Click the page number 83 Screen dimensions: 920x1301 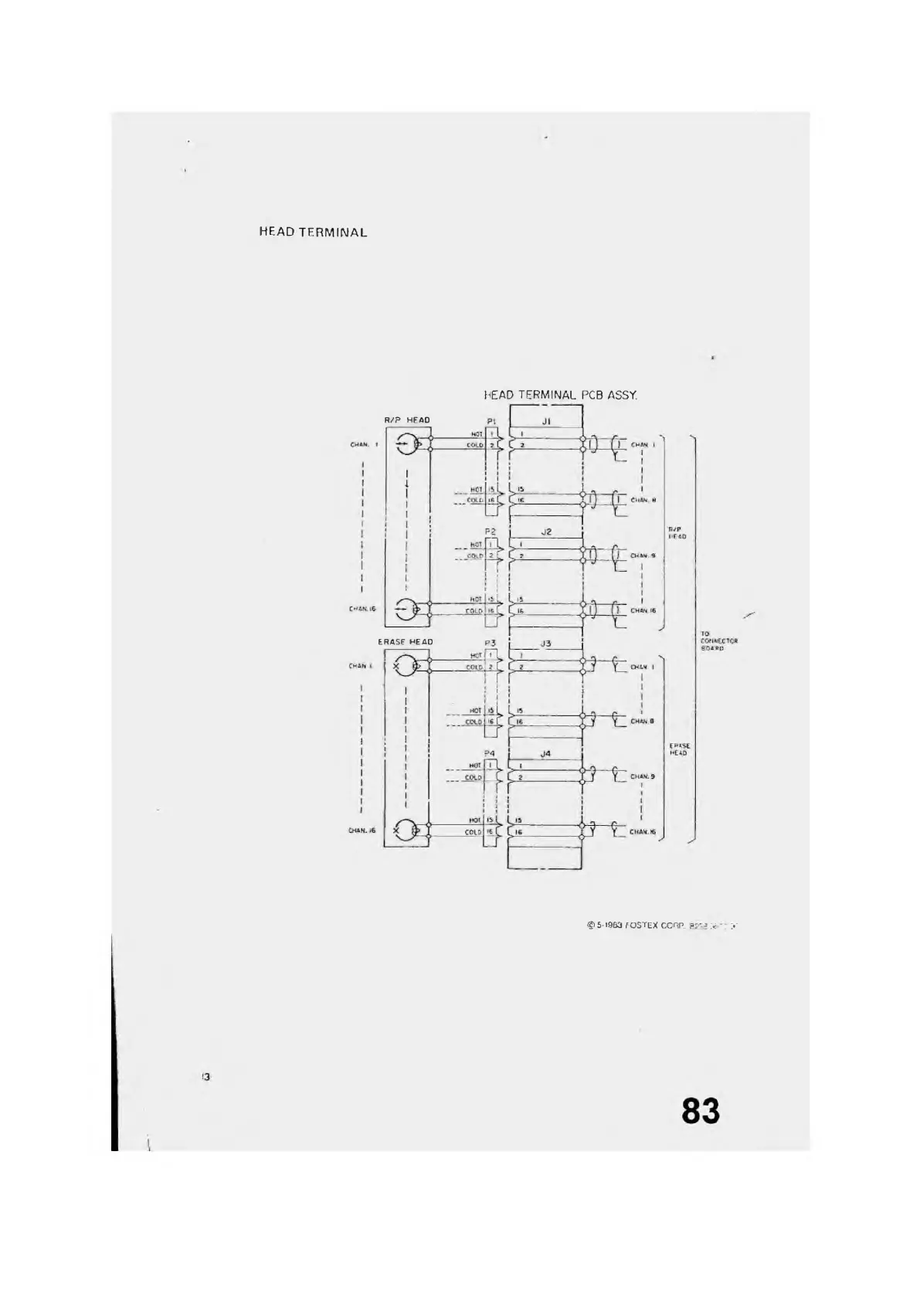(x=700, y=1110)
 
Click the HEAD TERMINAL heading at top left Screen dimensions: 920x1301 (x=313, y=232)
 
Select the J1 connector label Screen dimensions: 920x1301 (x=545, y=421)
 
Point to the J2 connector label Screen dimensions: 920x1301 (x=545, y=532)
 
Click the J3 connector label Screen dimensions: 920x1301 (x=545, y=643)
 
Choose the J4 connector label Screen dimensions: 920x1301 (x=545, y=753)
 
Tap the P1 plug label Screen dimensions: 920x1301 (x=491, y=422)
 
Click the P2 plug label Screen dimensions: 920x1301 (x=491, y=532)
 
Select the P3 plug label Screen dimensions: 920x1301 (x=491, y=643)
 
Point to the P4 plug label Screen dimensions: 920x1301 (x=491, y=753)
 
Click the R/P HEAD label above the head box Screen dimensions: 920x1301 (x=407, y=420)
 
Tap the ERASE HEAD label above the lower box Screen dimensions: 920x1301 (x=406, y=642)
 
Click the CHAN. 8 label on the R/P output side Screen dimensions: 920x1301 (x=643, y=500)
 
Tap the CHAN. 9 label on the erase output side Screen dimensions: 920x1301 (x=643, y=776)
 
